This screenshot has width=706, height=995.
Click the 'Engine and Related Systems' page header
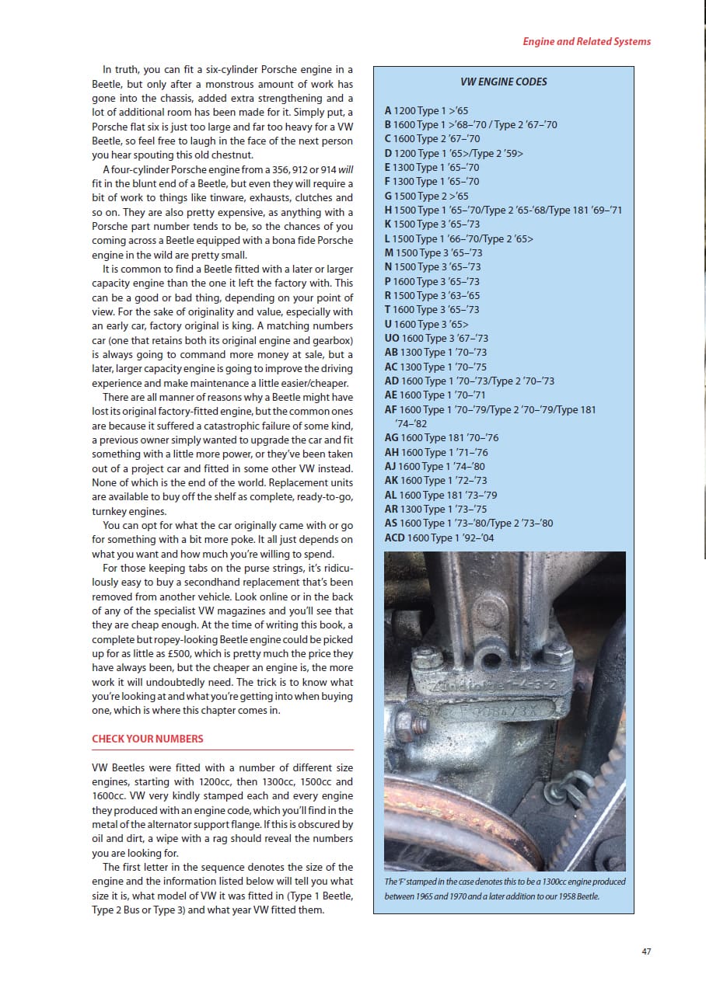[586, 41]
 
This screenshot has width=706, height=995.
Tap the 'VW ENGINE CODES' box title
[503, 82]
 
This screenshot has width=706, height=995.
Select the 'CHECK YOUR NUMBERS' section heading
[148, 738]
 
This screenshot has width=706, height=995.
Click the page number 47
[646, 952]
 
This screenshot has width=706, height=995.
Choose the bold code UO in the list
[392, 338]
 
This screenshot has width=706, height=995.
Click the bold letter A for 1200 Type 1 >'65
[388, 110]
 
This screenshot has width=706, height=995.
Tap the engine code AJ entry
[390, 466]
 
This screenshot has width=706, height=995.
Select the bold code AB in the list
[391, 353]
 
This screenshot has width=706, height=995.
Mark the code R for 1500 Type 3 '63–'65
[388, 295]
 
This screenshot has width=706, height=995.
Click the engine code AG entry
[391, 437]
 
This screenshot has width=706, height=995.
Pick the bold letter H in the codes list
[388, 210]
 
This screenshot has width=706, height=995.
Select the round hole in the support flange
[491, 661]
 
